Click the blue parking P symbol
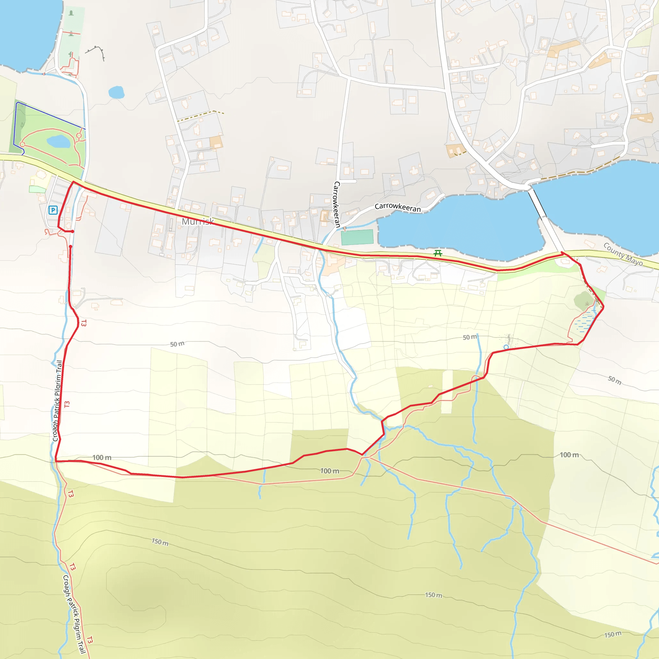coord(53,210)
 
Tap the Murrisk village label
coord(198,222)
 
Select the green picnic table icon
coord(438,253)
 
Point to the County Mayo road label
coord(623,254)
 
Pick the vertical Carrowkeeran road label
coord(337,204)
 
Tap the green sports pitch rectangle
coord(357,237)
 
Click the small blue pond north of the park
coord(116,92)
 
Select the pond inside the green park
coord(58,141)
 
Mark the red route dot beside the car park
coord(73,232)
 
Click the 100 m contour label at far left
coord(102,458)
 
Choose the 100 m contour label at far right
coord(569,455)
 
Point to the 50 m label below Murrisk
coord(177,344)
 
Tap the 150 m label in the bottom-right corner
coord(613,635)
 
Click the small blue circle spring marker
coord(506,347)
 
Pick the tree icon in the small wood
coord(587,303)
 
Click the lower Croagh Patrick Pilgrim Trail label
coord(74,614)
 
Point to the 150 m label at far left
coord(160,542)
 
